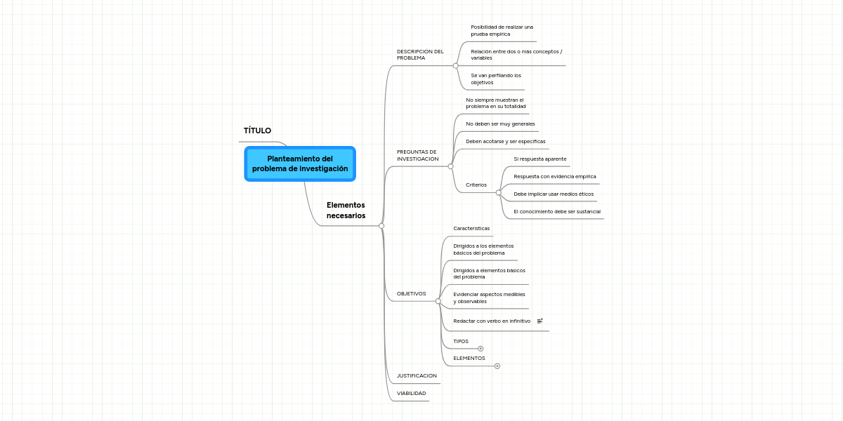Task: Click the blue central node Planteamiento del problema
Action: (x=300, y=164)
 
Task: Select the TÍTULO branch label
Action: (x=257, y=131)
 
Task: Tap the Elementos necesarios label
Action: (x=346, y=210)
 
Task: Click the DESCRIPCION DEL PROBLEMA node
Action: (x=420, y=55)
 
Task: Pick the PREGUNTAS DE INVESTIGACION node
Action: (x=417, y=155)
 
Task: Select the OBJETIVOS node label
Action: (x=412, y=293)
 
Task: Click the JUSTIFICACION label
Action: (x=417, y=375)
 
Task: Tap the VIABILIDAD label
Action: (x=412, y=393)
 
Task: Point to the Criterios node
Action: (x=476, y=185)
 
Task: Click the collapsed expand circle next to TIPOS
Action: (x=481, y=349)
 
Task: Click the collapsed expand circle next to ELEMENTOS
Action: (x=497, y=366)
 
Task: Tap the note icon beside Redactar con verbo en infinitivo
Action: (x=540, y=321)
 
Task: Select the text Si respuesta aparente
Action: (x=540, y=159)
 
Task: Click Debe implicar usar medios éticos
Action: (x=554, y=194)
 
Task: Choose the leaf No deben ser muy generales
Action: (x=500, y=123)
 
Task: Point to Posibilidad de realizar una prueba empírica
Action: (x=502, y=30)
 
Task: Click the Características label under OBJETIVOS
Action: (x=471, y=228)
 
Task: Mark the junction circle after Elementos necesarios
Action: (x=381, y=226)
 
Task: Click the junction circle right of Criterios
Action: (x=499, y=193)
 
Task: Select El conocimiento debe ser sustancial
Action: (x=557, y=212)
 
